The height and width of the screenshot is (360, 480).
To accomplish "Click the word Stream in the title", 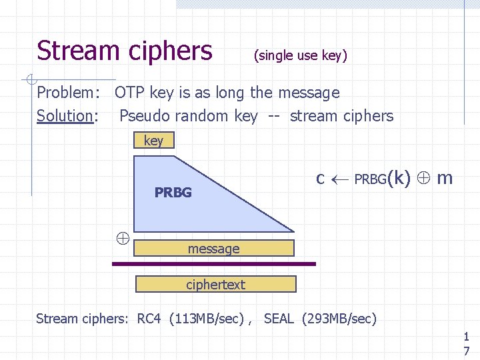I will coord(74,51).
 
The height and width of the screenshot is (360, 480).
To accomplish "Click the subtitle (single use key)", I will coord(300,56).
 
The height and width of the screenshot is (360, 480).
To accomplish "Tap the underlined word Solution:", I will coord(67,116).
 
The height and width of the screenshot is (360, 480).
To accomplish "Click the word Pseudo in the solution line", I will coord(143,116).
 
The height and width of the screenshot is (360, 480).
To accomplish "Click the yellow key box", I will coord(153,140).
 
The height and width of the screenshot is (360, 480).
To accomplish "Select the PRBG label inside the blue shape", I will coord(173,193).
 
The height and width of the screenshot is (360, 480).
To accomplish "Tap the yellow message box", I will coord(214,249).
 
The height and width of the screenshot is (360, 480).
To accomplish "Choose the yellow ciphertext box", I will coord(215,285).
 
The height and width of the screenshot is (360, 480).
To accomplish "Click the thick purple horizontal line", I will coord(213,264).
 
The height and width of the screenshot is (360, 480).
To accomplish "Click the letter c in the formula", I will coord(320,179).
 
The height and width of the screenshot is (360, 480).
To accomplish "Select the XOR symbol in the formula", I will coord(424,179).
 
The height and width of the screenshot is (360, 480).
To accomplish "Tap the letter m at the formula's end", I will coord(445,179).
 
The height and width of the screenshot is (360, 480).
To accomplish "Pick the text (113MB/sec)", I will coord(207,319).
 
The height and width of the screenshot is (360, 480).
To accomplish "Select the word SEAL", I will coord(279,319).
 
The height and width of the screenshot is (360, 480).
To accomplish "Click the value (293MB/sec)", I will coord(339,319).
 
